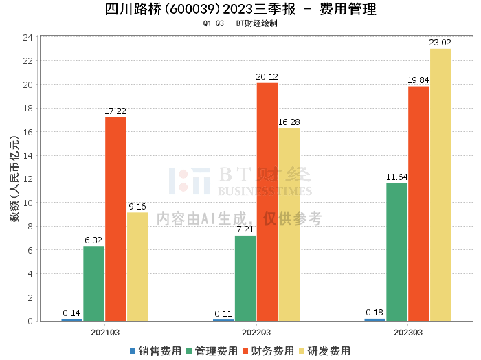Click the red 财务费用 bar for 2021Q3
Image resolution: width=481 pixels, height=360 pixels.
click(x=115, y=219)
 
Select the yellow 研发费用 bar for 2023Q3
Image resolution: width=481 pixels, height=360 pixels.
click(x=440, y=185)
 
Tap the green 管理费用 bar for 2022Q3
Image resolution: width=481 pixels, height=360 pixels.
click(x=245, y=278)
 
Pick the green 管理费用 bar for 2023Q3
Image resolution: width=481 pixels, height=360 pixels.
click(x=397, y=252)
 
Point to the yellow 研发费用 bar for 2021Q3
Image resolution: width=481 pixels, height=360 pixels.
click(x=137, y=267)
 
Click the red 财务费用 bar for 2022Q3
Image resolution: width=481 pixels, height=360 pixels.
click(x=267, y=202)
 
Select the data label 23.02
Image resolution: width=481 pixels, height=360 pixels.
click(x=440, y=43)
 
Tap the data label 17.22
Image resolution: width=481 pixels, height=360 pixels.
click(x=115, y=111)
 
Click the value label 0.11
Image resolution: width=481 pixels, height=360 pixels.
click(x=223, y=314)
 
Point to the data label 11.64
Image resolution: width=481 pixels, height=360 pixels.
click(x=396, y=177)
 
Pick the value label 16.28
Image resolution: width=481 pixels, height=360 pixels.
click(x=289, y=122)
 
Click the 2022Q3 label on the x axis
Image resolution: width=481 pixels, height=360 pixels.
click(x=256, y=333)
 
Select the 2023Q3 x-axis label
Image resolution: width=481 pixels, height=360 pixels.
click(x=408, y=333)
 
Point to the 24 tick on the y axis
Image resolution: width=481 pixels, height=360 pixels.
click(x=27, y=37)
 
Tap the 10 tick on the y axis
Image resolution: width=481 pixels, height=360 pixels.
click(x=27, y=203)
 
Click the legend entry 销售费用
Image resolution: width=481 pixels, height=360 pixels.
click(x=155, y=351)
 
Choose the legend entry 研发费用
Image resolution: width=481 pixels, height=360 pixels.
click(x=324, y=351)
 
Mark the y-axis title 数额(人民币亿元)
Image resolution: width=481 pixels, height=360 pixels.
click(x=14, y=179)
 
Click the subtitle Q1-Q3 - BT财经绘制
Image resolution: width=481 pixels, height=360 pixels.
click(x=240, y=23)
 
